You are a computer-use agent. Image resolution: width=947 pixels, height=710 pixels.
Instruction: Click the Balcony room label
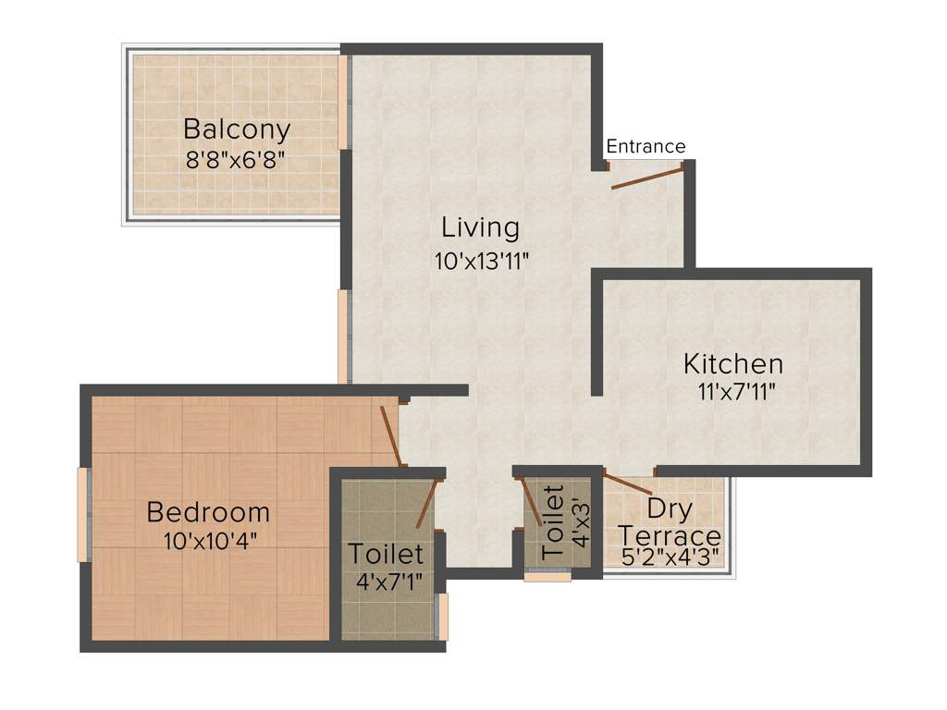[x=236, y=129]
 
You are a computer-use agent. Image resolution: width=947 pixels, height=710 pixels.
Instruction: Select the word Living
[x=480, y=226]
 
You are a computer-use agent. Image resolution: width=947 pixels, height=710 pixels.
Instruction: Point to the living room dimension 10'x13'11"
[x=480, y=261]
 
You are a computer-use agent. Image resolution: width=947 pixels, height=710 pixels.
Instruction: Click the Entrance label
[x=646, y=146]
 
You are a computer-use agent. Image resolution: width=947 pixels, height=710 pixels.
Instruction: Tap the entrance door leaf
[x=647, y=177]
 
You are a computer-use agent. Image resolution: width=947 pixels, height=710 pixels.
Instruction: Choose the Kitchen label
[x=733, y=362]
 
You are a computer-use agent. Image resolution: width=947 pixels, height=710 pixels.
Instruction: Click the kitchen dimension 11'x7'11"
[x=736, y=391]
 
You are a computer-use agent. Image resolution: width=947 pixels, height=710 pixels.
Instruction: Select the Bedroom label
[x=208, y=511]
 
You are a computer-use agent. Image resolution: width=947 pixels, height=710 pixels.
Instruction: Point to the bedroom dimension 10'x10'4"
[x=209, y=541]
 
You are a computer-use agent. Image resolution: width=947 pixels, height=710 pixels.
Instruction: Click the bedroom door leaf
[x=391, y=435]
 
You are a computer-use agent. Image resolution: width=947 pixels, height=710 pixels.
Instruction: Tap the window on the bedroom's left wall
[x=83, y=514]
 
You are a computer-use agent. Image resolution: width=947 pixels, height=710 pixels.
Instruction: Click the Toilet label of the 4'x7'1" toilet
[x=385, y=554]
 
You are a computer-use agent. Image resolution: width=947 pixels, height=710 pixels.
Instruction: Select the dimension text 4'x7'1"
[x=387, y=582]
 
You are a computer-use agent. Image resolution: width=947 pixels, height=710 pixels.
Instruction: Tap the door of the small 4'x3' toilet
[x=533, y=502]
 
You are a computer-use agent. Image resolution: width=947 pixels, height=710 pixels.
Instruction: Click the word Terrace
[x=670, y=536]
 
